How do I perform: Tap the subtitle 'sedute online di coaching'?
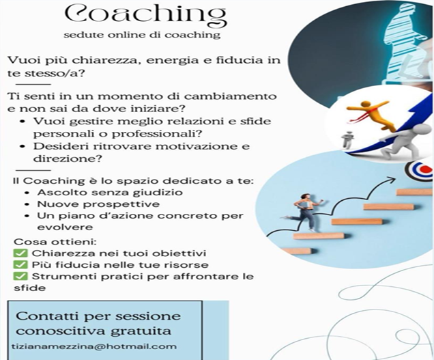tap(142, 36)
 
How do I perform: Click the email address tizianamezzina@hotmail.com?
tap(94, 347)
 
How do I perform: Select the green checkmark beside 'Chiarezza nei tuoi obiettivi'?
tap(20, 253)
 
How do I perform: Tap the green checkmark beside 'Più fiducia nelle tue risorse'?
tap(20, 264)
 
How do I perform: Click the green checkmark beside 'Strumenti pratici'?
tap(20, 276)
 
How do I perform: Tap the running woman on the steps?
tap(304, 212)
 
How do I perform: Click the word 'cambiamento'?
tap(230, 96)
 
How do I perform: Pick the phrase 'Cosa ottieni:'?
tap(55, 242)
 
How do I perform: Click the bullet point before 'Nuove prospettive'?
tap(27, 204)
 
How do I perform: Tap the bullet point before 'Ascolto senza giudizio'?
tap(27, 193)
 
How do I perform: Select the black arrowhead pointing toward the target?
tap(391, 180)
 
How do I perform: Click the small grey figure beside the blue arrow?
tap(347, 139)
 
